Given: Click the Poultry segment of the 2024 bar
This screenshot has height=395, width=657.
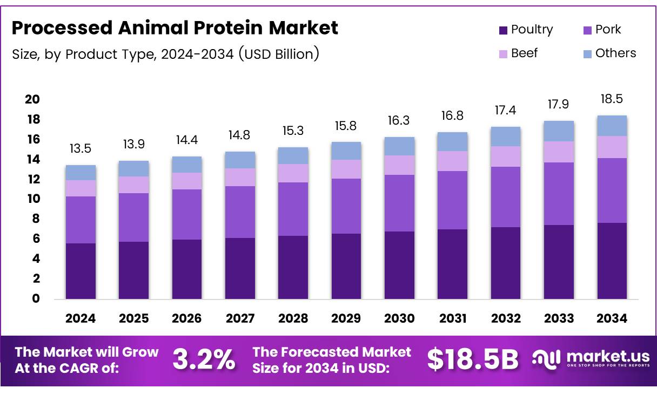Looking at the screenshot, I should coord(81,271).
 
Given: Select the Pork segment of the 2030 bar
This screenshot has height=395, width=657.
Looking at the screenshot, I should coord(399,203).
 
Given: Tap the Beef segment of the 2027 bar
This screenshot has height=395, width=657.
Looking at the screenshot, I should coord(240,177).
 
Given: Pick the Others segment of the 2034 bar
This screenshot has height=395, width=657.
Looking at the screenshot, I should coord(612,126).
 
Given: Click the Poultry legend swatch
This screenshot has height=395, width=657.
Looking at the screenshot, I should coord(504,30).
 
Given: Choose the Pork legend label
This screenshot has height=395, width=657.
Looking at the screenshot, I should coord(608,30).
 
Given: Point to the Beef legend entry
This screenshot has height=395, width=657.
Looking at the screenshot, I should coord(518,53).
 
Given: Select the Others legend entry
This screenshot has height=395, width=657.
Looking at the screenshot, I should coord(610,53).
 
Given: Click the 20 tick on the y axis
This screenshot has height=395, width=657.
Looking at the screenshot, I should coord(32,99).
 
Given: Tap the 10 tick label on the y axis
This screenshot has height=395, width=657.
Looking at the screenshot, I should coord(32,199).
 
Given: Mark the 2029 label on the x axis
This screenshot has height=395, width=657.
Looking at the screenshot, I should coord(346,318).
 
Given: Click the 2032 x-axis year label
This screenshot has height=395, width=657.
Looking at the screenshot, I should coord(506,318).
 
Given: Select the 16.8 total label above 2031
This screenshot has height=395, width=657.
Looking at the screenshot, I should coord(452,116).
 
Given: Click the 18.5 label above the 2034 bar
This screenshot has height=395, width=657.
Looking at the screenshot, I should coord(612,99).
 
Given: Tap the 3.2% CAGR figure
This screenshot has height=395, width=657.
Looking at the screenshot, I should coord(204,359).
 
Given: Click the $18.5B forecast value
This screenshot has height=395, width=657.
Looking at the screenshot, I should coord(472,359).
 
